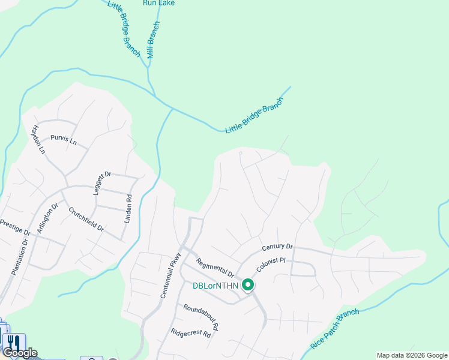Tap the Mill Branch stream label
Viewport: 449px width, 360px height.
click(154, 40)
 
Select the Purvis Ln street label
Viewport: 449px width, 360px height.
click(64, 140)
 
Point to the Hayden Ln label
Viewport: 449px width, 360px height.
click(38, 139)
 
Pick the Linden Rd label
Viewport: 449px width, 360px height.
click(128, 209)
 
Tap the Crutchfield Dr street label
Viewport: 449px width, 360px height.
click(86, 220)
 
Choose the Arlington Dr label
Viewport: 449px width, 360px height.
click(48, 217)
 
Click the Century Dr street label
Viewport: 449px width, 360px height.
click(277, 247)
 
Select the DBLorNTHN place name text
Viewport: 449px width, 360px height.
click(215, 287)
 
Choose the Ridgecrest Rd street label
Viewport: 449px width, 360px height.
click(191, 333)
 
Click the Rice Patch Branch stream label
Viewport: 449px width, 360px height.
click(335, 329)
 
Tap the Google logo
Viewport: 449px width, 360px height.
click(20, 353)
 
